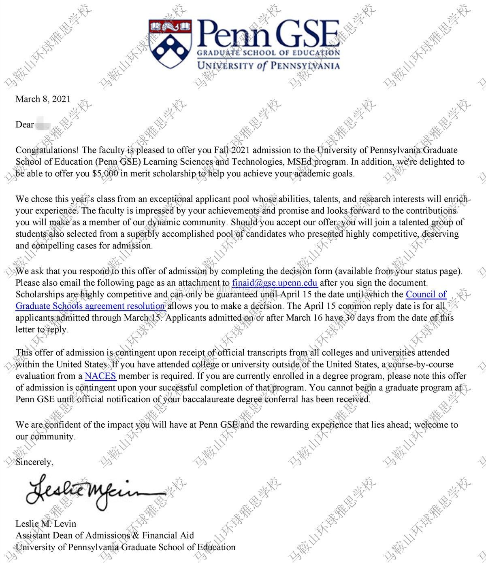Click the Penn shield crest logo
point(171,43)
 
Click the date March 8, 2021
point(43,99)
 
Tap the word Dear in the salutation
point(25,125)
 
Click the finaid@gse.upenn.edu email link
point(275,282)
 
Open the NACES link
point(100,376)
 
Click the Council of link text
point(426,294)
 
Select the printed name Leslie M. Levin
point(46,524)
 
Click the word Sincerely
point(34,462)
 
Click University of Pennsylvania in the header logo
point(268,65)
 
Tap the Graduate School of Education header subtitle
point(268,53)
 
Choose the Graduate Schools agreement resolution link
point(90,306)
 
